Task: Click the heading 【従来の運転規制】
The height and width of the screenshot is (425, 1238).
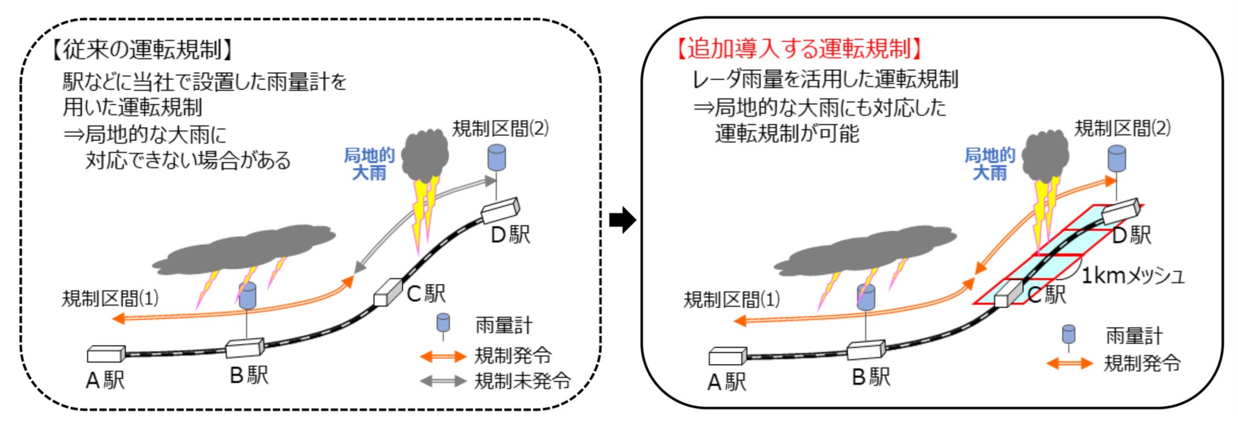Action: (142, 49)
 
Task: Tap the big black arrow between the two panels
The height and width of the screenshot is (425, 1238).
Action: (622, 220)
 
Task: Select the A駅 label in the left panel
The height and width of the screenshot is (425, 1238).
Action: (105, 381)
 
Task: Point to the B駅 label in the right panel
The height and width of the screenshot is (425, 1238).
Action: (871, 377)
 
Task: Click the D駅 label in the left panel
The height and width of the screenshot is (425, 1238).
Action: (510, 234)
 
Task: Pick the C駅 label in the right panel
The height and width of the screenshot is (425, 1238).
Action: (1047, 294)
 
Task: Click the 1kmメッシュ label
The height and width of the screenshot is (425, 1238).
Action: (1133, 276)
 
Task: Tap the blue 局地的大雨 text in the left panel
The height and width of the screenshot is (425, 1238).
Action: (369, 164)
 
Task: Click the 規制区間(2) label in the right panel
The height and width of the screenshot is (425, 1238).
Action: (1122, 128)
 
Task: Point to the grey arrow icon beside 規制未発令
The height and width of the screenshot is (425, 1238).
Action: (443, 381)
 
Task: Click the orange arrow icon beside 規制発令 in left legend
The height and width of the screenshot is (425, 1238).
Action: (443, 356)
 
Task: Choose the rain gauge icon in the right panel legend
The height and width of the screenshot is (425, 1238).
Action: (1068, 335)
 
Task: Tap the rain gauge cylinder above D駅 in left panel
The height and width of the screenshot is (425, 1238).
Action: (496, 158)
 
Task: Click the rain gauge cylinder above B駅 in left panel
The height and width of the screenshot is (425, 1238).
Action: (247, 295)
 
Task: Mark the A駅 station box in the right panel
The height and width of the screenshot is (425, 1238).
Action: (728, 356)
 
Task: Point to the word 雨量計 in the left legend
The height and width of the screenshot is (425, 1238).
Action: (503, 326)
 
